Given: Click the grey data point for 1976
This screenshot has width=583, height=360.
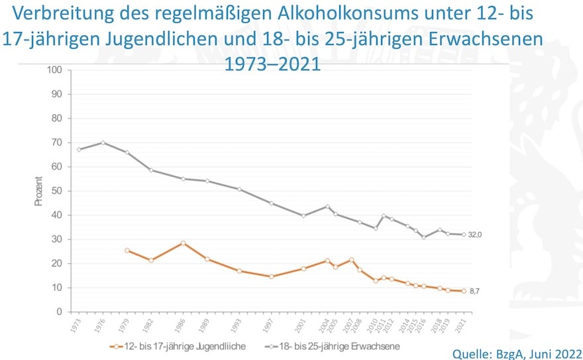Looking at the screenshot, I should (x=103, y=143).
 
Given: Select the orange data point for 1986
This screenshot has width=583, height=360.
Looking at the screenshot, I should (x=183, y=243).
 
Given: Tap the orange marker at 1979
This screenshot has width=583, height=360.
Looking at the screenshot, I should (x=127, y=251).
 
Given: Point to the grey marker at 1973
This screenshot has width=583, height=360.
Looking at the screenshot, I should (x=79, y=150).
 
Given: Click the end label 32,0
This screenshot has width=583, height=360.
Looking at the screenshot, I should (x=475, y=235).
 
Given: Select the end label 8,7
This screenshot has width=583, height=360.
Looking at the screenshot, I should (x=474, y=291).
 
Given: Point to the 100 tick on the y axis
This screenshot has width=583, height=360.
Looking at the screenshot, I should (x=55, y=70).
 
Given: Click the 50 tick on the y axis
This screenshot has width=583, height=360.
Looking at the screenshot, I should (x=58, y=191).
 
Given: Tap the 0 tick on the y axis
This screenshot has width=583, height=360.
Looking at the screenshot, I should (x=60, y=312).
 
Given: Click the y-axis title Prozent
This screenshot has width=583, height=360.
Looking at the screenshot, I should (x=39, y=191).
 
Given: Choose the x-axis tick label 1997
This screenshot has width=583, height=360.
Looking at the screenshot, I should (x=272, y=326).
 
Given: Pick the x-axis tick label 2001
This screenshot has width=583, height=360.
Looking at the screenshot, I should (x=303, y=326).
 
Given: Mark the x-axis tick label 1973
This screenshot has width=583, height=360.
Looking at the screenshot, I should (x=79, y=326).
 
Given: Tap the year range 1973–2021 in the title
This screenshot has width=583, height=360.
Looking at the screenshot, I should (x=272, y=64).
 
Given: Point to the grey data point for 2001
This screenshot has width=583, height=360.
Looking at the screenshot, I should (x=303, y=215).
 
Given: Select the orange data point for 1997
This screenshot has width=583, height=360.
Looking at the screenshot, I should (x=272, y=276).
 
